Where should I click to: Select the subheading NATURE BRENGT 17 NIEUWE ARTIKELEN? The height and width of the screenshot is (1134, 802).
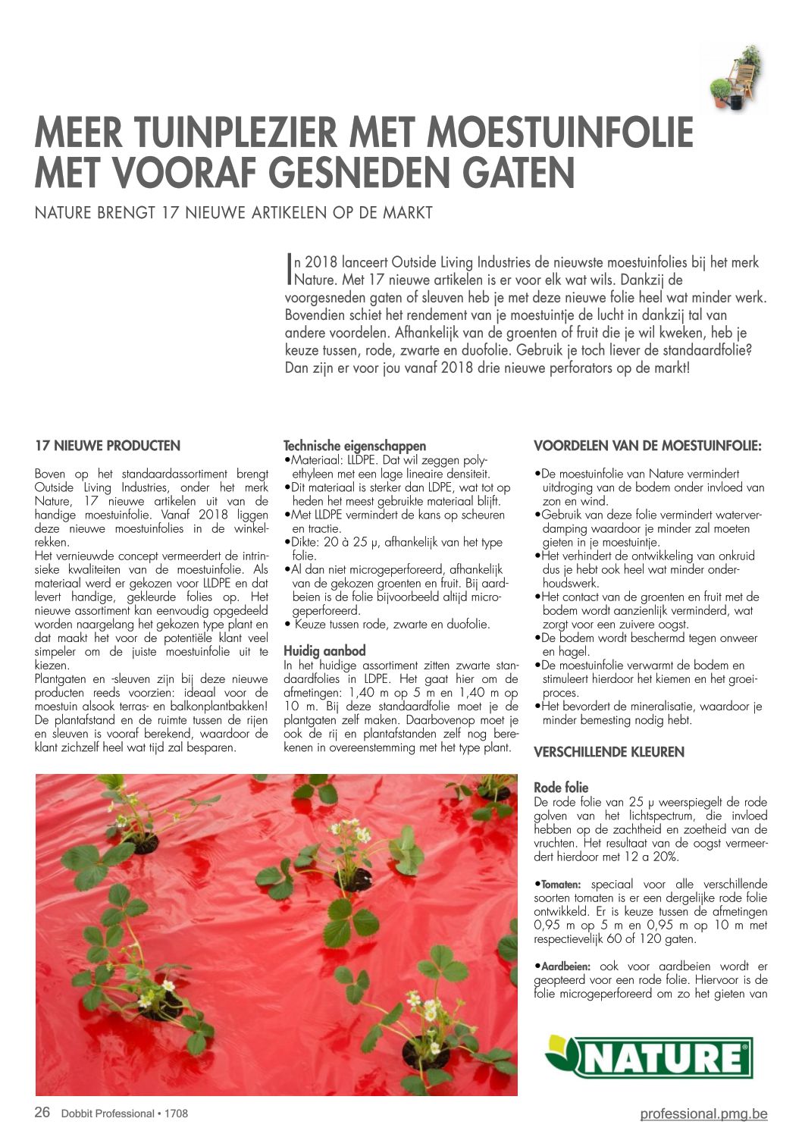click(x=233, y=212)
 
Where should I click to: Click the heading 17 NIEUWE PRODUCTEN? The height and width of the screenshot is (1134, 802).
click(x=108, y=446)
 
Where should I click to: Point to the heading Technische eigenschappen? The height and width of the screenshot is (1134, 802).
click(x=355, y=446)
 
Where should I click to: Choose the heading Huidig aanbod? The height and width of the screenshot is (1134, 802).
click(x=324, y=650)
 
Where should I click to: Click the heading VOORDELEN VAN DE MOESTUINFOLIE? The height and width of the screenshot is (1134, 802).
click(x=648, y=446)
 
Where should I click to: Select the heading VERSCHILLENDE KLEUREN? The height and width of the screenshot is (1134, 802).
click(x=609, y=752)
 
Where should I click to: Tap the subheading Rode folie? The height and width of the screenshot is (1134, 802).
click(x=561, y=788)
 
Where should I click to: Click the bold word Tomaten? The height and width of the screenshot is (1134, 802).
click(x=561, y=885)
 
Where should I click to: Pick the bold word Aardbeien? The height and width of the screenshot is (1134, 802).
click(x=565, y=966)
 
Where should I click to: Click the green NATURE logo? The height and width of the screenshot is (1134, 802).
click(x=648, y=1057)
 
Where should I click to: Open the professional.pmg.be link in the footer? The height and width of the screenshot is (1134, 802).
click(x=703, y=1114)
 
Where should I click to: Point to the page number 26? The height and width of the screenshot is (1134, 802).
click(x=42, y=1113)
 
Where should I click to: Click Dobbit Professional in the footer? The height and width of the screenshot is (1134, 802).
click(x=108, y=1114)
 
